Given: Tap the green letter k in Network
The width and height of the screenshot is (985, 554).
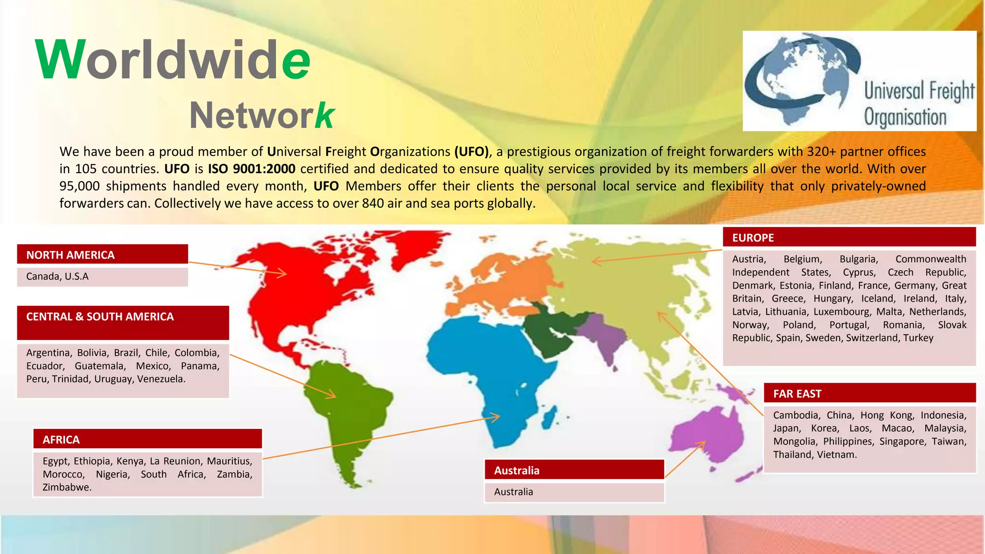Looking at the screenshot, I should coord(324,115).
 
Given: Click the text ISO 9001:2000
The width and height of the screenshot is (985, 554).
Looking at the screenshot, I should coord(252,169).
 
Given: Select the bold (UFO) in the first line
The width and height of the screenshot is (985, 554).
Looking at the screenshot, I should coord(471,151).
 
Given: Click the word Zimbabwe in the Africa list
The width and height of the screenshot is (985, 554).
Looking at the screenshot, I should coord(67,487).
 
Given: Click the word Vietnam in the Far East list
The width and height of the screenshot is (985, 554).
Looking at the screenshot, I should coord(839,454).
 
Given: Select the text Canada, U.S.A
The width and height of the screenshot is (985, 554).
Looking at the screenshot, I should coord(57,277).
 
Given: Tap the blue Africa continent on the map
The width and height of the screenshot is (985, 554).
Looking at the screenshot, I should coord(486,365).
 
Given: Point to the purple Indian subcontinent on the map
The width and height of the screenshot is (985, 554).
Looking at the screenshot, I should coord(604,334).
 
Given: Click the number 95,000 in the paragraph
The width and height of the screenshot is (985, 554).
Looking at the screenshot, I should coord(79,186).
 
